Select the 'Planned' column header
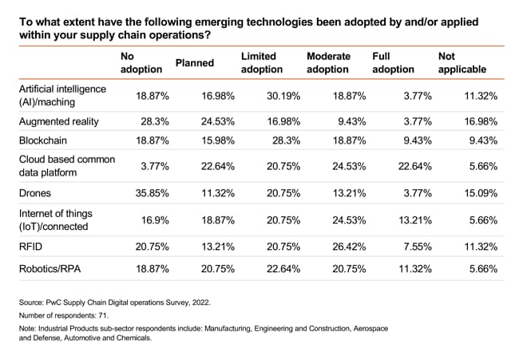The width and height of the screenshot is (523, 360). click(196, 63)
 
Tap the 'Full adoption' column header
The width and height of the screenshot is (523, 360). click(394, 63)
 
